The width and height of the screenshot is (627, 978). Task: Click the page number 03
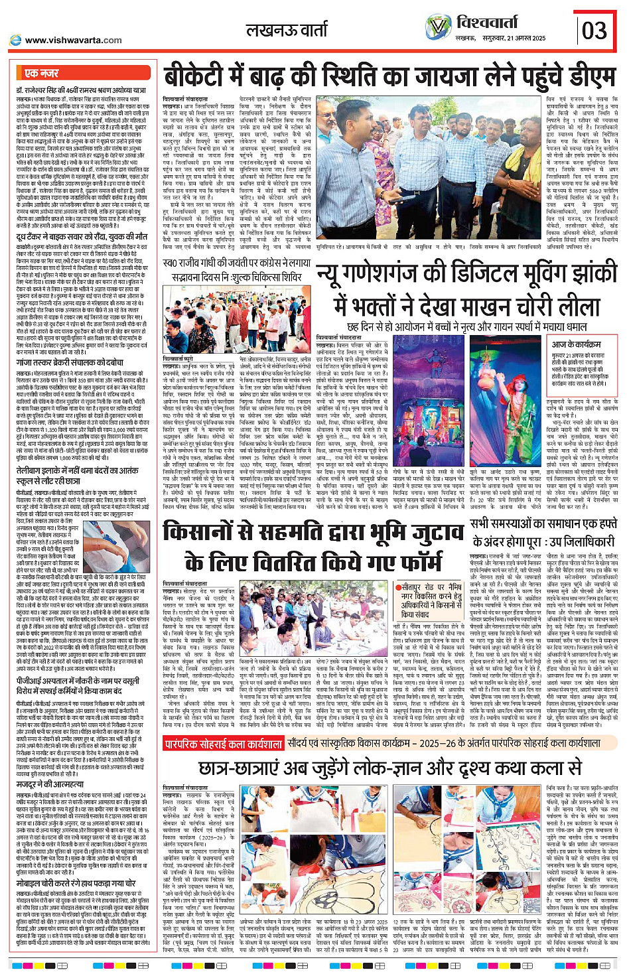(x=594, y=30)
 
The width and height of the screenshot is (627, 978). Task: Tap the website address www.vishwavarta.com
(x=73, y=40)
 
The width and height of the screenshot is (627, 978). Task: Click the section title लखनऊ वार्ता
(x=286, y=30)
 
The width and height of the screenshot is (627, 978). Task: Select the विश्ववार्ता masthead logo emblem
(x=439, y=27)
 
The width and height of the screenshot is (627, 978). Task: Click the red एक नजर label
(x=42, y=73)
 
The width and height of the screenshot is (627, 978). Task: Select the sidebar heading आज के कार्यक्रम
(x=577, y=344)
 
